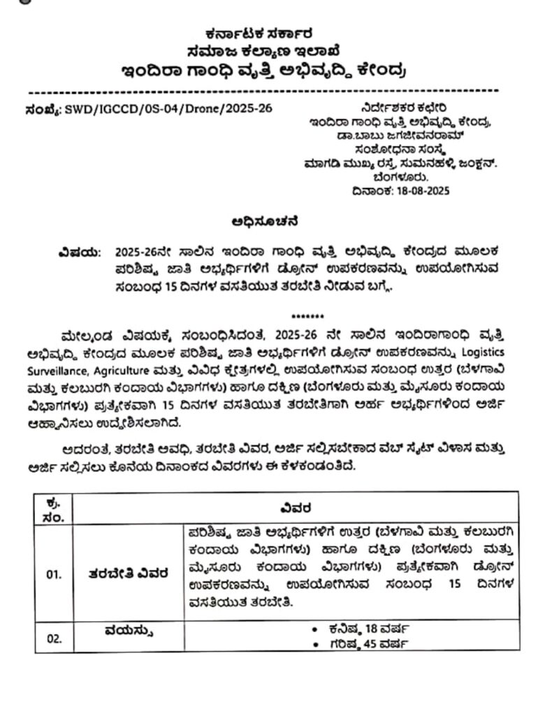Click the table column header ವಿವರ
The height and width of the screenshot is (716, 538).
click(x=296, y=507)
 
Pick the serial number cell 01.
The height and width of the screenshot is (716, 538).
click(x=54, y=575)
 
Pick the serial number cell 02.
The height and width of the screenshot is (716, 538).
click(x=54, y=638)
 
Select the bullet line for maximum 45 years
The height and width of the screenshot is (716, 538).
click(x=360, y=644)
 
